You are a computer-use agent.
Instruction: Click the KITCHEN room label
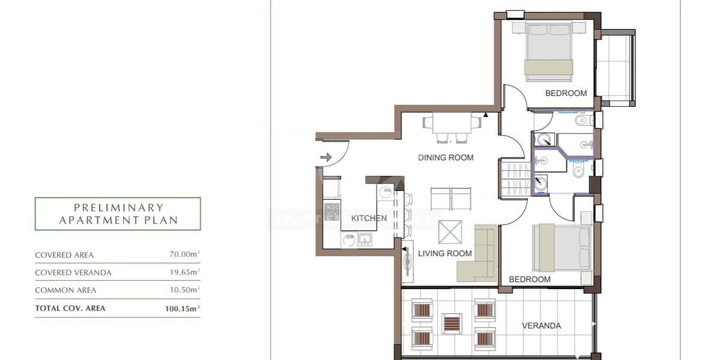pyautogui.click(x=369, y=218)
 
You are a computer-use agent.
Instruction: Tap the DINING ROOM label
pyautogui.click(x=446, y=158)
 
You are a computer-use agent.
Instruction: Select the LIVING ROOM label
pyautogui.click(x=445, y=253)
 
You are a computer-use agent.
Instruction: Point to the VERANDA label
pyautogui.click(x=541, y=326)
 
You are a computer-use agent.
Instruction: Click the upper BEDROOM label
pyautogui.click(x=565, y=93)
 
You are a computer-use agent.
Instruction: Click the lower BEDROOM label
pyautogui.click(x=529, y=280)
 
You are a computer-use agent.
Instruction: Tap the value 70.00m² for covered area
pyautogui.click(x=184, y=254)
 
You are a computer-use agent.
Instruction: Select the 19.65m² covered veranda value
pyautogui.click(x=184, y=272)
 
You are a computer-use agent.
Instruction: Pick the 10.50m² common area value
pyautogui.click(x=184, y=290)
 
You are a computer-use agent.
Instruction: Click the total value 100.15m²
pyautogui.click(x=182, y=308)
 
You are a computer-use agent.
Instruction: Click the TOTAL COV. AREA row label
pyautogui.click(x=70, y=308)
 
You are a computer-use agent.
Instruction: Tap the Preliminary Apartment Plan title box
pyautogui.click(x=118, y=214)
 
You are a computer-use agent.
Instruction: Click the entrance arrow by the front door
pyautogui.click(x=326, y=158)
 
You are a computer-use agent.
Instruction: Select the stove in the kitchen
pyautogui.click(x=332, y=212)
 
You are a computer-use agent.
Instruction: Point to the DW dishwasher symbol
pyautogui.click(x=350, y=239)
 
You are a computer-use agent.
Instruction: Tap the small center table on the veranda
pyautogui.click(x=451, y=323)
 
